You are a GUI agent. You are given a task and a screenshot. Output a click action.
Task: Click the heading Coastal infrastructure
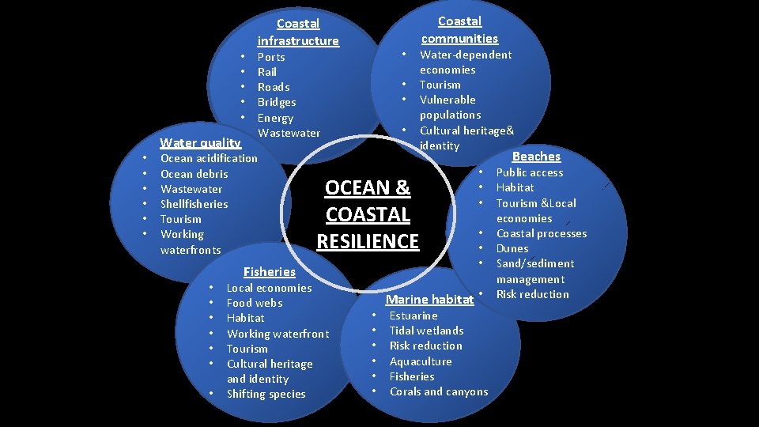click(298, 32)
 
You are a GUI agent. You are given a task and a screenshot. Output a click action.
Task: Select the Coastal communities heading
click(459, 30)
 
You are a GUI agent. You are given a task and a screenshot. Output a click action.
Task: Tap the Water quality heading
click(200, 143)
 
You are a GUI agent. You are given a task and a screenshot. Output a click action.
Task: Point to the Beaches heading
click(536, 157)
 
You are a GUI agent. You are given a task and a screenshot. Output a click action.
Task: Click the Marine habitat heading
click(429, 300)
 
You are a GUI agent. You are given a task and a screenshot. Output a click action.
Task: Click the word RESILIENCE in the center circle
click(368, 241)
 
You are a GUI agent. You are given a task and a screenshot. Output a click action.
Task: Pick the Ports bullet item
click(271, 57)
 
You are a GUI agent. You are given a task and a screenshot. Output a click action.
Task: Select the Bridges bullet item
click(277, 102)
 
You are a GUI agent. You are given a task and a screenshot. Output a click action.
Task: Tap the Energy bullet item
click(275, 118)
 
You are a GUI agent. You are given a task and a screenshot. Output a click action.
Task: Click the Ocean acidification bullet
click(209, 158)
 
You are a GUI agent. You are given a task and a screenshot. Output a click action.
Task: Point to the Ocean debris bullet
click(194, 174)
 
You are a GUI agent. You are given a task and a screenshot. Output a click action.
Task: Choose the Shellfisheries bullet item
click(194, 204)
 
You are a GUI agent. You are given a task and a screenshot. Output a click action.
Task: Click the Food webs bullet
click(254, 303)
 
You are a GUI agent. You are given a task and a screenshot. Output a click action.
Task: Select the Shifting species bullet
click(266, 394)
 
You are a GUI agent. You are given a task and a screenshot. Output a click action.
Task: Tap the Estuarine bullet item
click(413, 316)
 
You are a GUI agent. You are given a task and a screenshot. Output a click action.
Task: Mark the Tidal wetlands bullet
click(426, 331)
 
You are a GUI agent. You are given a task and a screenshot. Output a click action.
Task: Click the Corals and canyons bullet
click(439, 391)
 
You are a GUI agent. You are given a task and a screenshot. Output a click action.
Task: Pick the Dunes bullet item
click(512, 248)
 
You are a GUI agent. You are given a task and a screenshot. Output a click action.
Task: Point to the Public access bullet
click(530, 172)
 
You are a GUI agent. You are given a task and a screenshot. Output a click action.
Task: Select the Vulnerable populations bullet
click(449, 108)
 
